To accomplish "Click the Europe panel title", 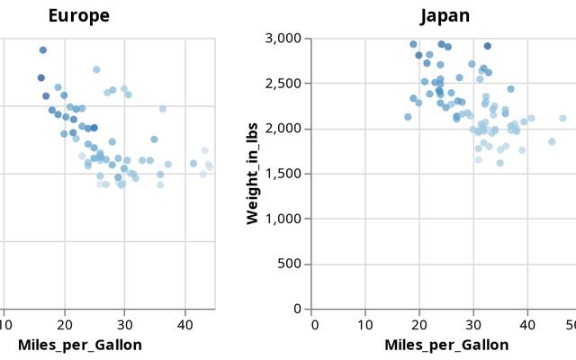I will (x=79, y=16).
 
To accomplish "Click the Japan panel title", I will (x=445, y=16).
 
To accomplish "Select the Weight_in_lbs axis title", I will (x=253, y=175).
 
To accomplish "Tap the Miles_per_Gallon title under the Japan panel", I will (x=446, y=345).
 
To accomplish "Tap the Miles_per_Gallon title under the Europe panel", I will (x=79, y=345).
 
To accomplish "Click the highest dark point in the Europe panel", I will (x=43, y=50).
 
